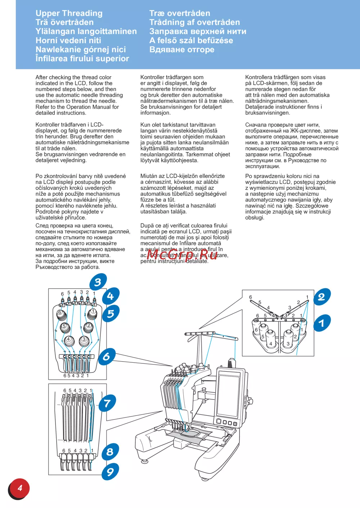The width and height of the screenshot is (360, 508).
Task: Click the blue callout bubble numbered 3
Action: pyautogui.click(x=98, y=282)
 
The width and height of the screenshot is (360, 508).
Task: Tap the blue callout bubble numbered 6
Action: pyautogui.click(x=107, y=357)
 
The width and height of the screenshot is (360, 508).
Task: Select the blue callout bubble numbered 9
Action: pyautogui.click(x=110, y=471)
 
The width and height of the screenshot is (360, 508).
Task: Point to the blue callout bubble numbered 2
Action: pyautogui.click(x=321, y=297)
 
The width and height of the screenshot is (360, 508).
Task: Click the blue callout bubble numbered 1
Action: pyautogui.click(x=321, y=323)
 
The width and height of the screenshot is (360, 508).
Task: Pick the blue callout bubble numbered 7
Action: pyautogui.click(x=107, y=403)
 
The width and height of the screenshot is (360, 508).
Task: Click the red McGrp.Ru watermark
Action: pyautogui.click(x=182, y=255)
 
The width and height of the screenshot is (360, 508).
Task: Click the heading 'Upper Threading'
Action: pyautogui.click(x=69, y=13)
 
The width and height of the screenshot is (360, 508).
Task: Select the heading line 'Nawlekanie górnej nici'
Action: pyautogui.click(x=81, y=50)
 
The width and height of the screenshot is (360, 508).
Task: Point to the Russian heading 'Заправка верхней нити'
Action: pyautogui.click(x=198, y=31)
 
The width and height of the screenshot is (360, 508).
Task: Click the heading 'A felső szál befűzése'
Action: pyautogui.click(x=191, y=40)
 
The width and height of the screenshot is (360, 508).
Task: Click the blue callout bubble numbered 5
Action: pyautogui.click(x=111, y=314)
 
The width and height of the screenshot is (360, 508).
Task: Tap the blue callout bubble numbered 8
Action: pyautogui.click(x=110, y=452)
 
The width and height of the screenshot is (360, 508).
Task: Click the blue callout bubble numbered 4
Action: pyautogui.click(x=111, y=296)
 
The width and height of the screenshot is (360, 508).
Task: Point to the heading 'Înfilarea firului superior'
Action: pyautogui.click(x=82, y=59)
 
